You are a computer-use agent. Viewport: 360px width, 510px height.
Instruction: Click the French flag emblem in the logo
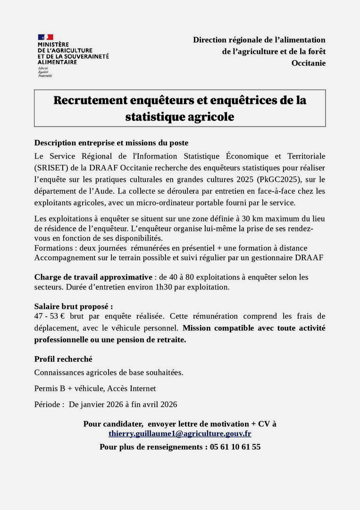coord(45,37)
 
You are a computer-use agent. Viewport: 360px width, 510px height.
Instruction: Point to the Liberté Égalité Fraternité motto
coord(45,72)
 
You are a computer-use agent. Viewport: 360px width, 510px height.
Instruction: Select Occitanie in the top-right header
coord(308,63)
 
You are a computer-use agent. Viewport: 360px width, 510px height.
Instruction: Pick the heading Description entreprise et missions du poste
coord(111,143)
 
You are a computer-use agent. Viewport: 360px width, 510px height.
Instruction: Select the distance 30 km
coord(254,219)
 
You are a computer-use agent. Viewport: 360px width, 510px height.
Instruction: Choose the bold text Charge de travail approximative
coord(93,277)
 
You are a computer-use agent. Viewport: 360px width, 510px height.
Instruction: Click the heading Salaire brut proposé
coord(74,306)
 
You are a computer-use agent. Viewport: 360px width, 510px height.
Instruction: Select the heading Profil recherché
coord(63,359)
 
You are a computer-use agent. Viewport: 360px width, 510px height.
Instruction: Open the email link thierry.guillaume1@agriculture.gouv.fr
coord(180,433)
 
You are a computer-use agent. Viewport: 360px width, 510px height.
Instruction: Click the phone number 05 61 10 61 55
coord(235,447)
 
